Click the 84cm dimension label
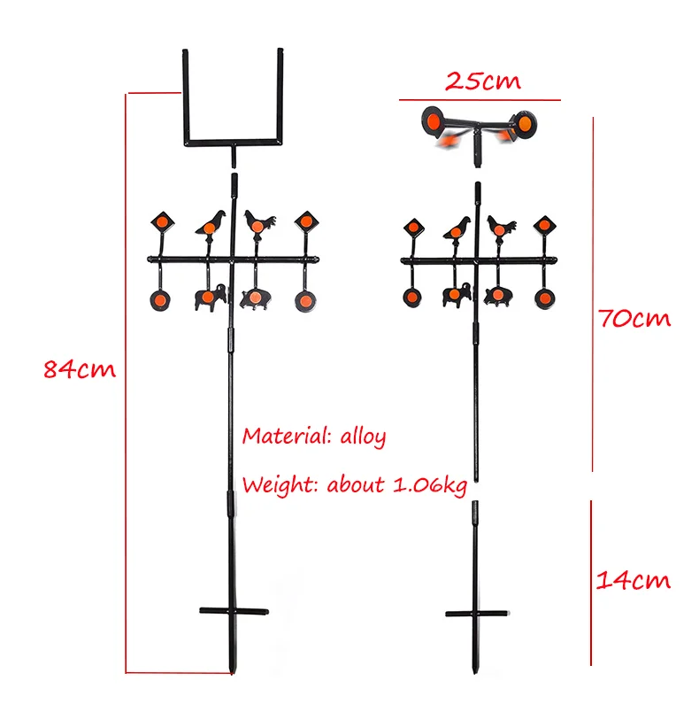pos(80,369)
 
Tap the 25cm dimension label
pos(483,81)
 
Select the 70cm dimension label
pos(634,318)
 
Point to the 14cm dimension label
pos(633,580)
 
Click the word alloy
pos(363,437)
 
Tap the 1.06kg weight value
pos(430,486)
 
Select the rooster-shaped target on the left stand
pos(259,221)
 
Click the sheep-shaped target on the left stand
pos(210,298)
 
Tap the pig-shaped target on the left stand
pos(256,298)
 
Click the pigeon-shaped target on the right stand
pos(457,228)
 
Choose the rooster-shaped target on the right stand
pos(501,227)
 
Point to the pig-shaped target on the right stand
pos(498,297)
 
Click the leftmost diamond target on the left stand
pos(163,221)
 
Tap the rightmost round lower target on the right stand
pos(545,298)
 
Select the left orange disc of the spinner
pos(433,121)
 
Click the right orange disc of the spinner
pos(525,122)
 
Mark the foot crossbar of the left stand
pos(234,611)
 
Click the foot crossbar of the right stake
pos(477,614)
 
